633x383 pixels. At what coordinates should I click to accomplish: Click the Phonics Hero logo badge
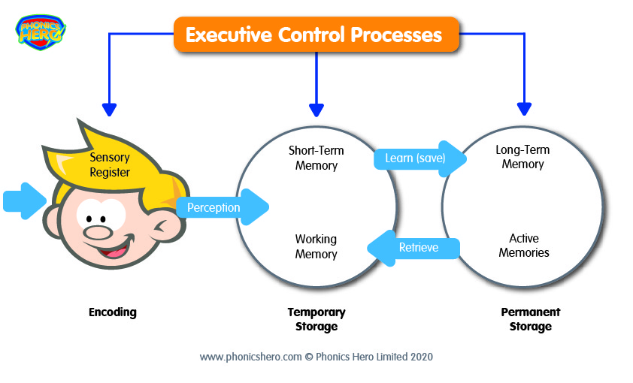point(41,32)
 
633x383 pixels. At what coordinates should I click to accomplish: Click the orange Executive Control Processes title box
point(316,35)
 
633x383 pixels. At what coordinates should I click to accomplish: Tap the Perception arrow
point(223,207)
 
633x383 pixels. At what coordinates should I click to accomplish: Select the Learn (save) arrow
point(420,158)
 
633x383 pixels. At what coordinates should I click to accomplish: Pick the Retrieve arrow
point(413,248)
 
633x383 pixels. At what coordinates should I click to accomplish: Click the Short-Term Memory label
point(316,158)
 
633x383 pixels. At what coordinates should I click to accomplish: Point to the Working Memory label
point(316,246)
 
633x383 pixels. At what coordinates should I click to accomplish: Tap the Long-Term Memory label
point(522,157)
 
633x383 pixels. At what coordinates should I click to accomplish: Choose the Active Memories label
point(523,245)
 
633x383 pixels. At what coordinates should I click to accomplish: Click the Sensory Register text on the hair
point(110,164)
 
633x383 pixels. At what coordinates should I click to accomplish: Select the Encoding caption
point(113,312)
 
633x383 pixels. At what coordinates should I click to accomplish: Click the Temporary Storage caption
point(316,319)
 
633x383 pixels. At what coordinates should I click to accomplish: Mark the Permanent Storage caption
point(531,319)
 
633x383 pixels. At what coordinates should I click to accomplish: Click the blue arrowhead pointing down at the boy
point(110,110)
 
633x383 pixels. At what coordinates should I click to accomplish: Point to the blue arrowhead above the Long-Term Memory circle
point(524,109)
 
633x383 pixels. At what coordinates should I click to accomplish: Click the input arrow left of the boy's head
point(25,201)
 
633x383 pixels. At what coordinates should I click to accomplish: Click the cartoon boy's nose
point(97,232)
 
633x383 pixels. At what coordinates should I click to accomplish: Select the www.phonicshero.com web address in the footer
point(250,357)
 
